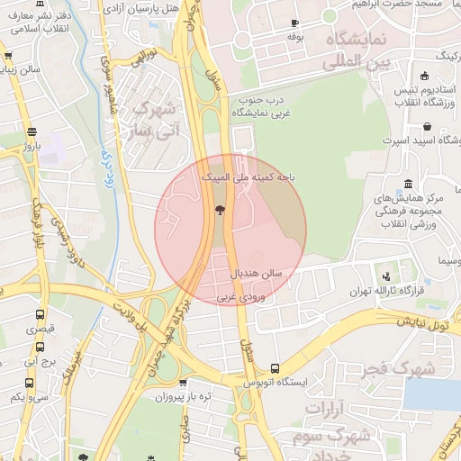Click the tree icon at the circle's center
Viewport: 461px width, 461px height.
click(220, 211)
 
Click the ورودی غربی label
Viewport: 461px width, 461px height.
click(239, 295)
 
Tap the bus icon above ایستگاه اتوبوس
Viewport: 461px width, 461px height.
click(275, 368)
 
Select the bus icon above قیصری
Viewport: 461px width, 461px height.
click(40, 314)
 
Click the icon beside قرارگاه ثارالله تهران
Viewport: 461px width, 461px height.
click(387, 276)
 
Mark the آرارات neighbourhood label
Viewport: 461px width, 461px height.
click(326, 409)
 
